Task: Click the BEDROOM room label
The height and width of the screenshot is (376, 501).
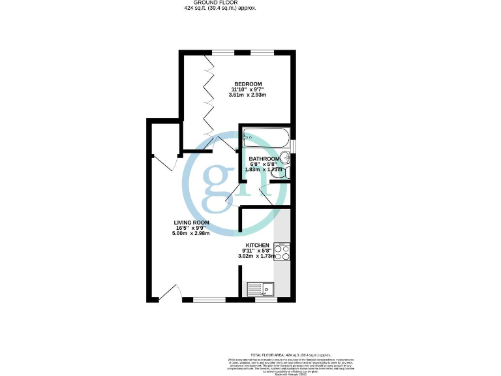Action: pos(248,84)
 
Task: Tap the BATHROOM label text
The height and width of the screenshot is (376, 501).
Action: pos(264,159)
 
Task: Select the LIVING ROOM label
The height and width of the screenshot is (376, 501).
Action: pos(187,223)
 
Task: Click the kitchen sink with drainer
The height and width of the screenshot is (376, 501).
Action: pos(262,289)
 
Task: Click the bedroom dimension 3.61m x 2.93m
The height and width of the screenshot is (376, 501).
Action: pos(248,95)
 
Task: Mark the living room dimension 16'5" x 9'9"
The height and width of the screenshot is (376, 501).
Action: pos(187,228)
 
